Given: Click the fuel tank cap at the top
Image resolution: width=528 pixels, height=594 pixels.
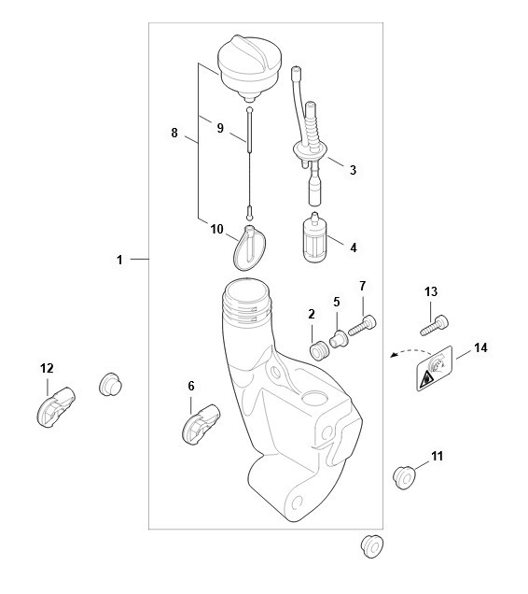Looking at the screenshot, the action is [x=249, y=67].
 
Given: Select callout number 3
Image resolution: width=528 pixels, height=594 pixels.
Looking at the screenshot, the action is [x=353, y=169].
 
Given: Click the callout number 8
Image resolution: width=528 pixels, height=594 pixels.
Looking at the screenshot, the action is [x=174, y=133].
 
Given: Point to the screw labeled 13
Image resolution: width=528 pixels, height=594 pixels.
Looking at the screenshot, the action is [x=435, y=325].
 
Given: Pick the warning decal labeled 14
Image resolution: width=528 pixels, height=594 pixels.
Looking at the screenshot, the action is [x=435, y=368].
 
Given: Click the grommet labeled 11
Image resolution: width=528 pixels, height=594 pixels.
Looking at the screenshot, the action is [x=404, y=478].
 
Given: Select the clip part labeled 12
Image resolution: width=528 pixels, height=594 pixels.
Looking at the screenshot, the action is [x=56, y=407].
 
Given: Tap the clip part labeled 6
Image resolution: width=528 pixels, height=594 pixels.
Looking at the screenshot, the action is [x=201, y=424].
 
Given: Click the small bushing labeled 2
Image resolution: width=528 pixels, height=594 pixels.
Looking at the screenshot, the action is [x=318, y=350].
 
